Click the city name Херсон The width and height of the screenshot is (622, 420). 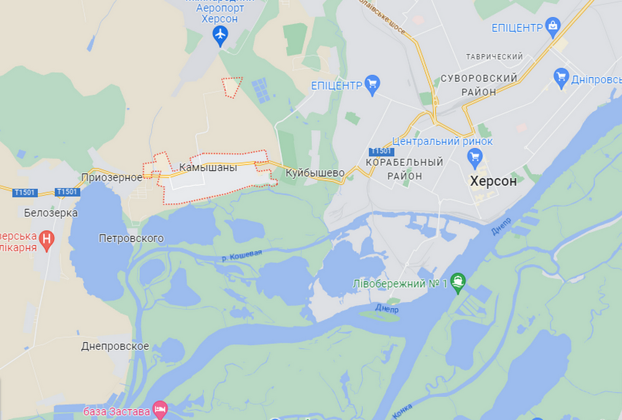click(x=494, y=181)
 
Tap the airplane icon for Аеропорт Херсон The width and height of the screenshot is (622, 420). click(x=220, y=37)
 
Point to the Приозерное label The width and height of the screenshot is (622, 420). click(x=112, y=177)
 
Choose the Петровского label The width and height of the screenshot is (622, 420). click(x=131, y=238)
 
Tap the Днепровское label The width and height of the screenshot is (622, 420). click(x=115, y=346)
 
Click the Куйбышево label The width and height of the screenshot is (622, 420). click(x=315, y=173)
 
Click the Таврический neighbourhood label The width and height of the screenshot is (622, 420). click(x=494, y=57)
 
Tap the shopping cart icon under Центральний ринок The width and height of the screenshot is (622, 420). click(x=475, y=155)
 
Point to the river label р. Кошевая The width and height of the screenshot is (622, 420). click(x=242, y=255)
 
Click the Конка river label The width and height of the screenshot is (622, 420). click(x=402, y=409)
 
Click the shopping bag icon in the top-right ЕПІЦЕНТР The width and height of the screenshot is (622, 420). click(x=552, y=26)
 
